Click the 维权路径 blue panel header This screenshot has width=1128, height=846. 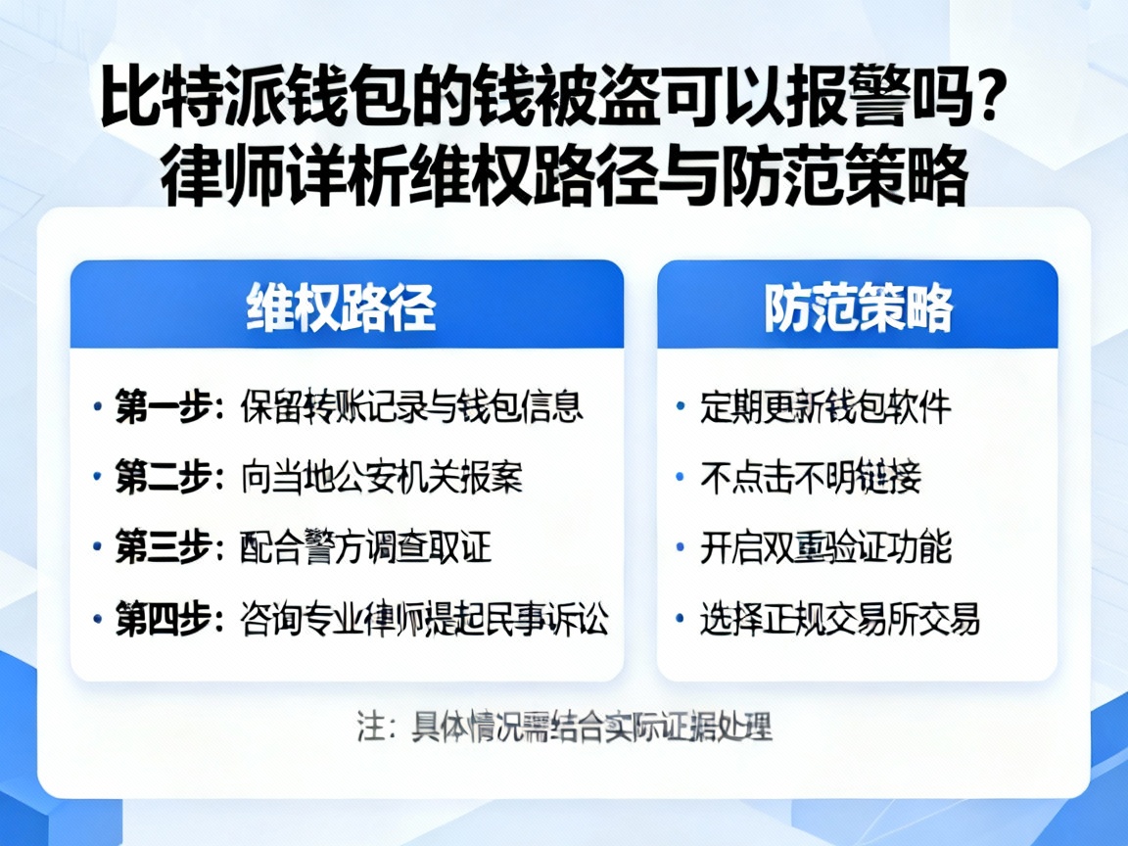347,305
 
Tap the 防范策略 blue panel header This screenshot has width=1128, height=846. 857,305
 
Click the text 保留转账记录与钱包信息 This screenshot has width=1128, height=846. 411,406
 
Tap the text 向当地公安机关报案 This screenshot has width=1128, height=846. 382,477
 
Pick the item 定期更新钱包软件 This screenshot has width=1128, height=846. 825,406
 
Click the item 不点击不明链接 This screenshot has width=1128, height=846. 811,477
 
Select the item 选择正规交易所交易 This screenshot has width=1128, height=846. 840,620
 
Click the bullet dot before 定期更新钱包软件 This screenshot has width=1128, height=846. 681,407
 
